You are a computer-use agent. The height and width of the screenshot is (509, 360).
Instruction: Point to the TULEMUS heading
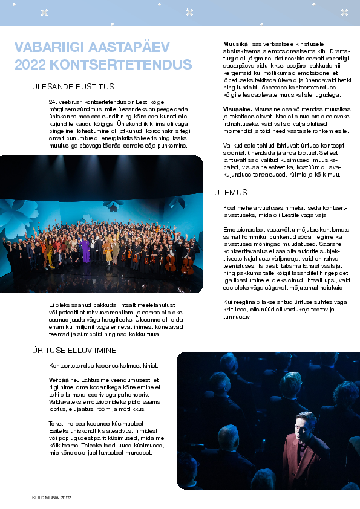point(228,192)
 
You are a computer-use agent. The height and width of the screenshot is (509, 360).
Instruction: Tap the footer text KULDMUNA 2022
point(52,497)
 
